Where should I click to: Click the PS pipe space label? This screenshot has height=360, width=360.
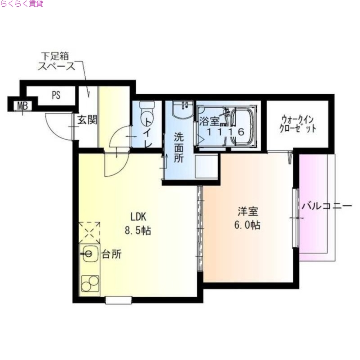point(56,95)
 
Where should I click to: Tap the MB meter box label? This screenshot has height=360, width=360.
point(21,107)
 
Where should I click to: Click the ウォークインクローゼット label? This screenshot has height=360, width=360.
point(297,124)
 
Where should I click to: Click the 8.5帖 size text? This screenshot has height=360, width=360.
point(138,231)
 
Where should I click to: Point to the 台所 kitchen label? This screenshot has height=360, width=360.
point(111,254)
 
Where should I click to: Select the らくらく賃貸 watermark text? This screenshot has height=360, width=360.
point(22,4)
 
